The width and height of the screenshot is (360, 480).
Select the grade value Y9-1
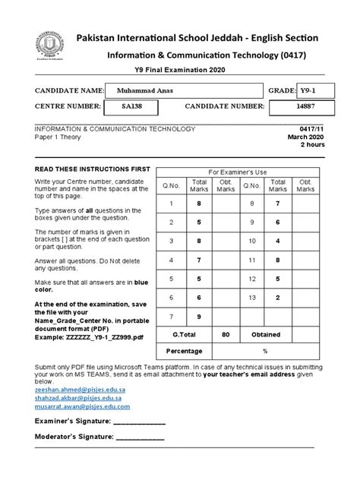(x=308, y=90)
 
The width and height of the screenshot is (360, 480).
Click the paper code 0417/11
(x=311, y=130)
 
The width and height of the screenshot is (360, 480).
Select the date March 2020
(x=307, y=137)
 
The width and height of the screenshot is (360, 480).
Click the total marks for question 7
(x=199, y=316)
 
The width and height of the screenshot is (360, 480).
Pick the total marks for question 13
(x=278, y=298)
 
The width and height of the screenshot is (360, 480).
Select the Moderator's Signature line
(x=139, y=437)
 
